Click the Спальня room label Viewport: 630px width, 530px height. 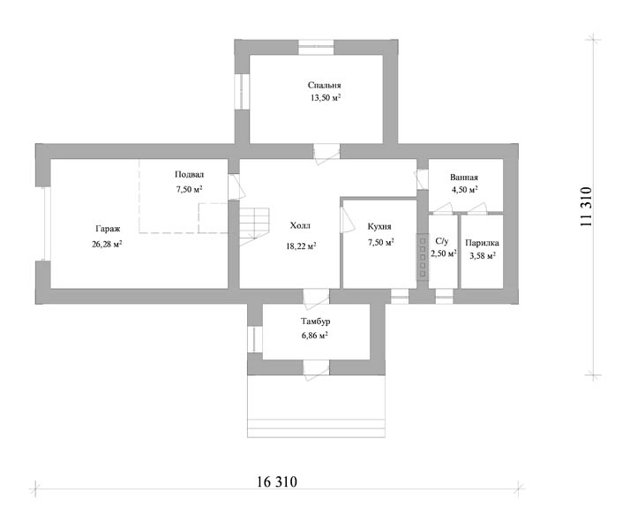click(324, 86)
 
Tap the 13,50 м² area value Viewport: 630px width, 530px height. click(326, 98)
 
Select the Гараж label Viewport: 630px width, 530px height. click(108, 229)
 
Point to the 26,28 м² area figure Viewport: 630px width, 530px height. click(107, 244)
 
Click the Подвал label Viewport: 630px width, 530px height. click(189, 175)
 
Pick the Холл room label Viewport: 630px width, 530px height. click(300, 225)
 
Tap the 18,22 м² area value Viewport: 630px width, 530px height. click(301, 246)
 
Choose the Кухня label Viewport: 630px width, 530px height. click(379, 226)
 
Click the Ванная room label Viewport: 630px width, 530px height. click(464, 178)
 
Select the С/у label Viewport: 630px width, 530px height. click(441, 241)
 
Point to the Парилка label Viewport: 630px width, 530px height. click(482, 243)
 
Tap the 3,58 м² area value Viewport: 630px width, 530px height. click(482, 255)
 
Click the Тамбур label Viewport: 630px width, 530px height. click(315, 322)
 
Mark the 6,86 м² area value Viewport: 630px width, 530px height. click(315, 335)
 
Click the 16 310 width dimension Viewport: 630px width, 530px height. click(277, 481)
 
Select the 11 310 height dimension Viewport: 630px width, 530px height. click(586, 207)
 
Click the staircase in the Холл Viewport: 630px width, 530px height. click(254, 227)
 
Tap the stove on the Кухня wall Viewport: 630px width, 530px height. click(423, 257)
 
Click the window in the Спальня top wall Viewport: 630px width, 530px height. click(316, 47)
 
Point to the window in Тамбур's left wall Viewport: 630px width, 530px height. click(255, 339)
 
